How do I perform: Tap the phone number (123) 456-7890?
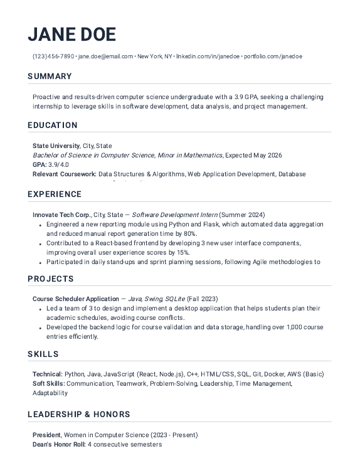(x=53, y=56)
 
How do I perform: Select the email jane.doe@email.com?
(x=105, y=56)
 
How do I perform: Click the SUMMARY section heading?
(x=50, y=77)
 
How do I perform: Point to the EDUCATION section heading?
(x=53, y=125)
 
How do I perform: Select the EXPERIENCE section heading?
(x=55, y=194)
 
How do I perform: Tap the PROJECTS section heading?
(x=51, y=278)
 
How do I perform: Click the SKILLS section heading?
(x=43, y=354)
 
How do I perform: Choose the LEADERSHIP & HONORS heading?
(x=79, y=415)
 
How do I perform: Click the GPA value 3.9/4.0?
(x=60, y=164)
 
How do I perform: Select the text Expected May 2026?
(x=253, y=155)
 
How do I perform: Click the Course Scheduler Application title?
(x=75, y=299)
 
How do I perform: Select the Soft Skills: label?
(x=48, y=383)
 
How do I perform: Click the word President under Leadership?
(x=46, y=435)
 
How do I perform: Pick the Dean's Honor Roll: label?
(x=59, y=445)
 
